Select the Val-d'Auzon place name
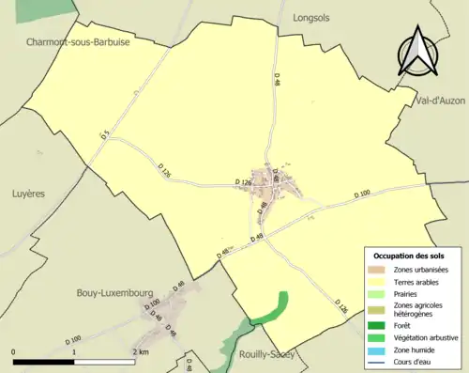tap(439, 100)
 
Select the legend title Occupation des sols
tap(409, 256)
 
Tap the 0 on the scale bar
tap(14, 351)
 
